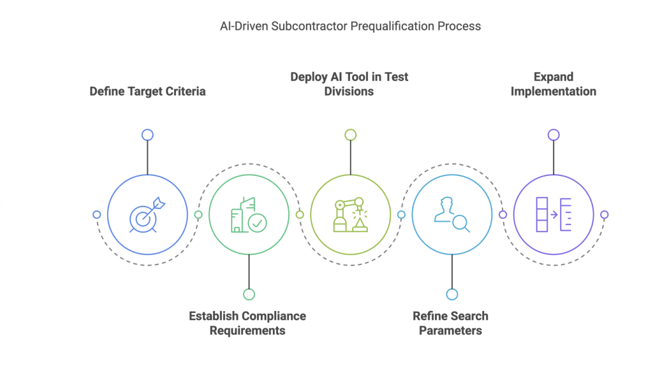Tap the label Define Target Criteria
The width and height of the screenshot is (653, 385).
147,91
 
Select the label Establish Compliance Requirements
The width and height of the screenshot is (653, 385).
247,323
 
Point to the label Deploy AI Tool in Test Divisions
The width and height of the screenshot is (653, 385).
349,84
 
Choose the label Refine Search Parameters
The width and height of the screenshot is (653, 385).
450,323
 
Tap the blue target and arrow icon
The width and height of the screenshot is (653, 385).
147,215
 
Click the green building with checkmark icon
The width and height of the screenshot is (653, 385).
249,215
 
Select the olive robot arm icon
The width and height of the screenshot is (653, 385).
350,215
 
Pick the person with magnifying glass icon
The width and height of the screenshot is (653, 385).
451,215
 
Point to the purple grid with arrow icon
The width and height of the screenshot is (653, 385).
553,215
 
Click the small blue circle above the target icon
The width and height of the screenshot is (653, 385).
147,134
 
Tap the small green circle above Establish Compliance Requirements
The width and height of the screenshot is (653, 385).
249,294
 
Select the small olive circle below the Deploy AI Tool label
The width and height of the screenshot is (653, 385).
350,134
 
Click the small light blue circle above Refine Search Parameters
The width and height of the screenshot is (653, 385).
451,294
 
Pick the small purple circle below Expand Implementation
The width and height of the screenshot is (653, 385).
553,134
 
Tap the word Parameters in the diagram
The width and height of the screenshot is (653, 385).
450,331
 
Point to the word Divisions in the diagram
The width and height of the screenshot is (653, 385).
349,91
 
